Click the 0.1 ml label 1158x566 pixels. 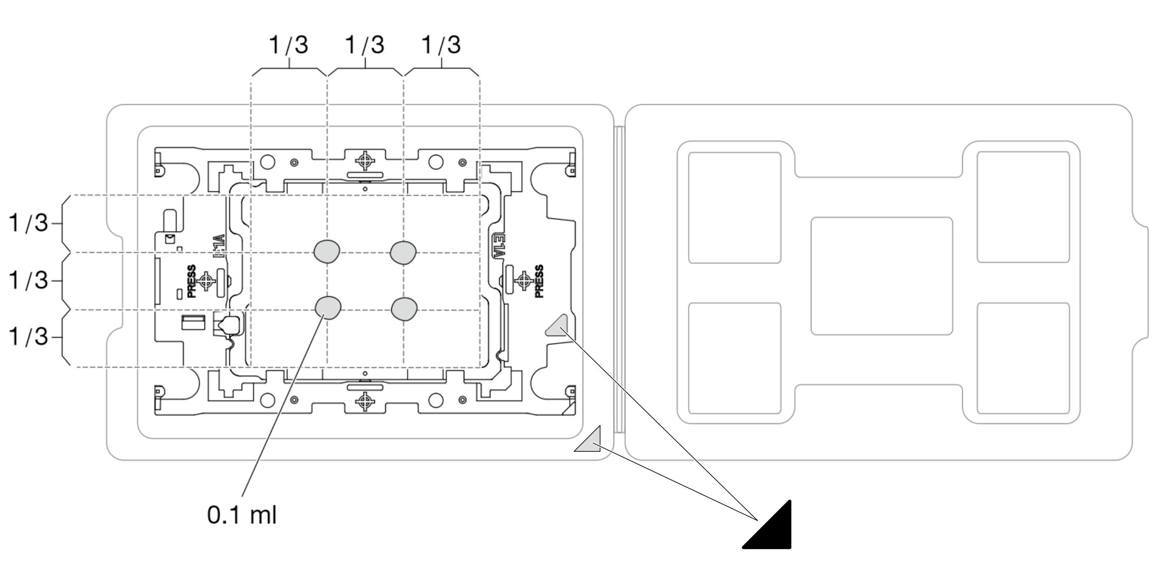coord(242,515)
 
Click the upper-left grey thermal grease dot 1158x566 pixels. coord(327,251)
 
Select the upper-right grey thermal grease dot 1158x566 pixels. coord(403,252)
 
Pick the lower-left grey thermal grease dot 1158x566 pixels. coord(328,307)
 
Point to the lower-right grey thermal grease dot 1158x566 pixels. coord(404,309)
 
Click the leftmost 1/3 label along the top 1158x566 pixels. coord(289,45)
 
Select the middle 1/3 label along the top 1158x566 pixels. coord(365,45)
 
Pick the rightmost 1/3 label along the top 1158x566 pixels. coord(441,45)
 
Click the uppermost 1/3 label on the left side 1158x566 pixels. coord(28,223)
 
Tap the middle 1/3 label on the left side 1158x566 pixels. coord(28,281)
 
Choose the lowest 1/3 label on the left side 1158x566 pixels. coord(28,337)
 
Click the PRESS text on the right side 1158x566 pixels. coord(539,281)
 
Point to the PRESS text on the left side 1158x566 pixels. coord(191,281)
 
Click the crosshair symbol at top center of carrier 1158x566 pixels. coord(365,160)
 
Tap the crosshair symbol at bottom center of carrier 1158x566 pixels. coord(365,401)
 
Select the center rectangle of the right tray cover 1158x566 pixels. coord(881,276)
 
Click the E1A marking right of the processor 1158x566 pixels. coord(497,246)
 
